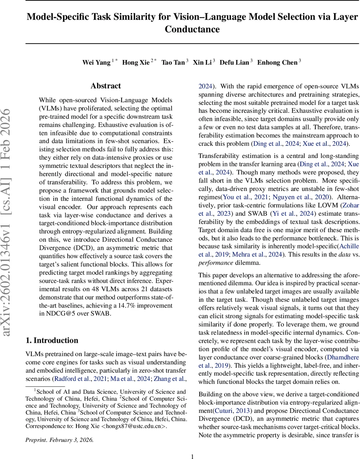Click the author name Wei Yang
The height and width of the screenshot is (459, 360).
click(x=97, y=63)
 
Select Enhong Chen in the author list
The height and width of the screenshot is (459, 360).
click(x=277, y=63)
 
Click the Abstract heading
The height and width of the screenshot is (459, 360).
click(x=106, y=86)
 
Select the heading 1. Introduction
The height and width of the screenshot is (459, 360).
click(x=52, y=340)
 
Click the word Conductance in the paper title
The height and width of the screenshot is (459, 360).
click(x=192, y=29)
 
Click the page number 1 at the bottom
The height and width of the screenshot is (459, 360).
click(x=193, y=456)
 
